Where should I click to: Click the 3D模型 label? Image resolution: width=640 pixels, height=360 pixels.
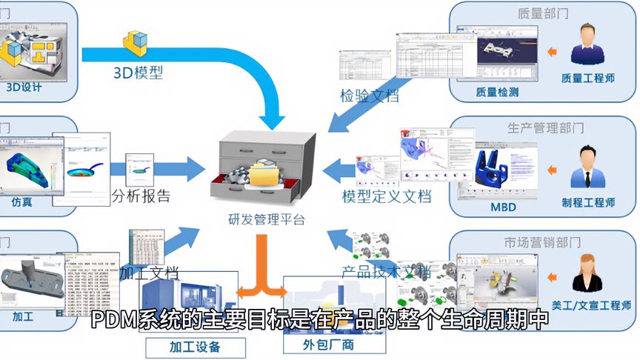coord(138,72)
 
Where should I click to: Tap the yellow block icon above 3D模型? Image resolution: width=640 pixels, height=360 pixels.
coord(137,44)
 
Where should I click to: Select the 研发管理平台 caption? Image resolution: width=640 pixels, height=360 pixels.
coord(266,219)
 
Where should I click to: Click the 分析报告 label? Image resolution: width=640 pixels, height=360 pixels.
coord(141,196)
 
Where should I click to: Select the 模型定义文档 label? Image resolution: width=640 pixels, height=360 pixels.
coord(386,196)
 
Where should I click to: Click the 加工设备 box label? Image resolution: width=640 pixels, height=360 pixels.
coord(195,346)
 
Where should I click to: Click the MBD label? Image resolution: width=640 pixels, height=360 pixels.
coord(504,207)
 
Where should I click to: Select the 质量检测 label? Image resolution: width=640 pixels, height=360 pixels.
coord(497,93)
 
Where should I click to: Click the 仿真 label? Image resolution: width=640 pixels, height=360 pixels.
coord(21,201)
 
